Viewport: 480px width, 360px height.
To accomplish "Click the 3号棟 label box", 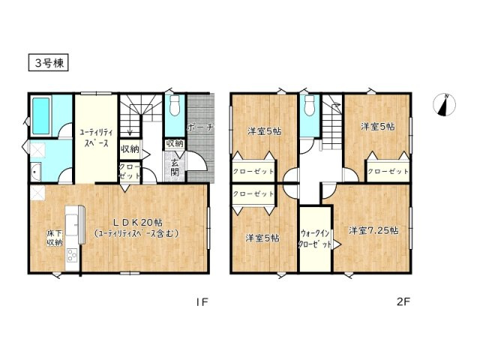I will click(49, 62).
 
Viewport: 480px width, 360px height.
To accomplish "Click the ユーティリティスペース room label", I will click(94, 137).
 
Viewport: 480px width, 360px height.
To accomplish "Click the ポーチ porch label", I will click(200, 127).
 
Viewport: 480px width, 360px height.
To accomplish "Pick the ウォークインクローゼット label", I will click(315, 239).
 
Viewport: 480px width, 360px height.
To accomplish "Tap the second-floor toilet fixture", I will click(307, 106).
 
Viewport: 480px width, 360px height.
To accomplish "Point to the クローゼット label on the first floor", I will click(128, 170).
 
